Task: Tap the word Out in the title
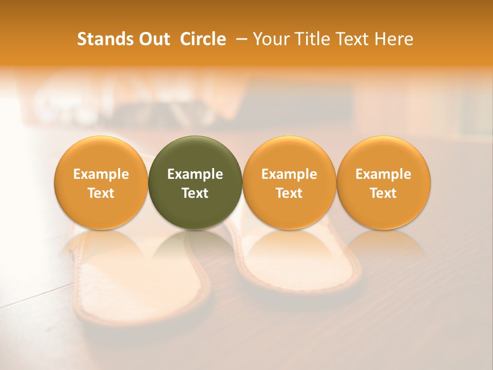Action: (153, 39)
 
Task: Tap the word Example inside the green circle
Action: (195, 174)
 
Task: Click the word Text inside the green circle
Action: (195, 193)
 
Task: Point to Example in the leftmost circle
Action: (101, 174)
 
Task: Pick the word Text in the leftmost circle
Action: (101, 193)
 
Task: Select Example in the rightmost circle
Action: (384, 174)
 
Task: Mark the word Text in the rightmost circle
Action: (384, 193)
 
